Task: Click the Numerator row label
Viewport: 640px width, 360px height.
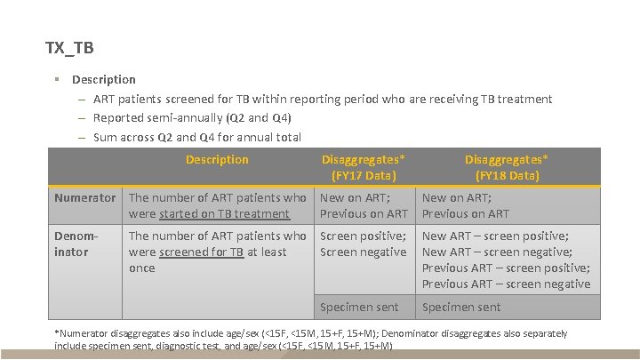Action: [x=84, y=197]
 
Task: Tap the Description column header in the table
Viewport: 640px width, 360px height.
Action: [x=217, y=160]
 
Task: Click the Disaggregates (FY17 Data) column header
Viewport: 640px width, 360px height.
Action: [x=364, y=167]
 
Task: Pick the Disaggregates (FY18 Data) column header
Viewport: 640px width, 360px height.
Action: [x=507, y=167]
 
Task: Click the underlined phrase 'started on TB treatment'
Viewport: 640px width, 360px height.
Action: [x=209, y=213]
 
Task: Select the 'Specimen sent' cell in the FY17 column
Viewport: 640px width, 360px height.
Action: [x=359, y=308]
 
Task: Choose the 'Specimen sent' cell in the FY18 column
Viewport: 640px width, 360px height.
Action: [x=461, y=308]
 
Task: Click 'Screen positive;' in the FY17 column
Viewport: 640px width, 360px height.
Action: [x=363, y=236]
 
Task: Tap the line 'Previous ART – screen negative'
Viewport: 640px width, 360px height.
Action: [x=506, y=284]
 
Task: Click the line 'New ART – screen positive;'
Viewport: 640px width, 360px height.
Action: [x=495, y=236]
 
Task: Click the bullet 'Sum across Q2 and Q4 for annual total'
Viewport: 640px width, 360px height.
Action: [x=197, y=138]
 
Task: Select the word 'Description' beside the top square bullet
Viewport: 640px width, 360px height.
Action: [x=104, y=80]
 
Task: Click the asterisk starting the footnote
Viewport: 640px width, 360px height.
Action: [x=57, y=333]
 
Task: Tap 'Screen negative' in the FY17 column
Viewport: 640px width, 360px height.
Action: [x=362, y=252]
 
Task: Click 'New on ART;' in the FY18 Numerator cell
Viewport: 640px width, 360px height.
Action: [x=456, y=197]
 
